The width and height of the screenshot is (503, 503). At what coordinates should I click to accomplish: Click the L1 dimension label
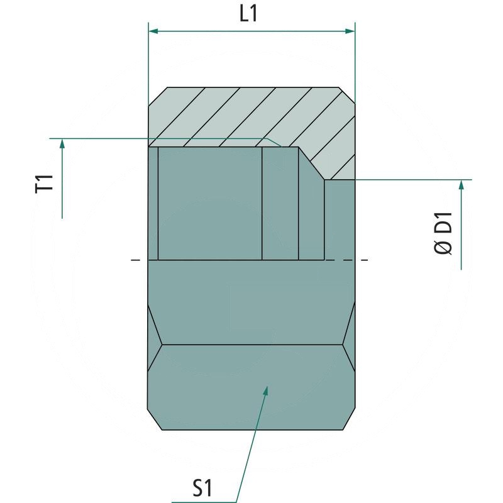click(249, 14)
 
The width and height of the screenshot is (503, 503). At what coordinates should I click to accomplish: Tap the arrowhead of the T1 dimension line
click(62, 145)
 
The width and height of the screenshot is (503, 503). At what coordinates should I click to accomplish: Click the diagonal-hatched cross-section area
click(251, 113)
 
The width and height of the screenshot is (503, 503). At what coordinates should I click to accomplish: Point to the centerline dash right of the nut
click(364, 260)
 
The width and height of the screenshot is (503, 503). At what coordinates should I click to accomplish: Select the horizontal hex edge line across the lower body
click(251, 345)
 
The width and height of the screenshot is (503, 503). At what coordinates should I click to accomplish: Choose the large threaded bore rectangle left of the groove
click(209, 202)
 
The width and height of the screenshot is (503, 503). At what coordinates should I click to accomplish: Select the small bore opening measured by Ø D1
click(340, 220)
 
